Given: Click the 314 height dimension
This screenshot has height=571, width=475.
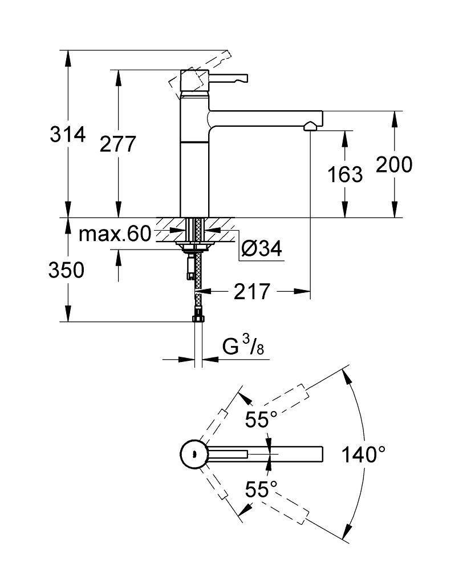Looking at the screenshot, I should pyautogui.click(x=67, y=135).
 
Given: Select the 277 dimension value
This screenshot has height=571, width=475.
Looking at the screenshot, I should pyautogui.click(x=118, y=144).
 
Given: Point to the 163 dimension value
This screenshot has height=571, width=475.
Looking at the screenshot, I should pyautogui.click(x=345, y=174).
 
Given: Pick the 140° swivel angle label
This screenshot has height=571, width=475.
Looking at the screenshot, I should pyautogui.click(x=363, y=455).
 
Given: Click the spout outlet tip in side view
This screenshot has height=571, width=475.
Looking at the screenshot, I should pyautogui.click(x=311, y=126).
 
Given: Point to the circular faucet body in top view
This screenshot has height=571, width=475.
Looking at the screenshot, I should pyautogui.click(x=193, y=455).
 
